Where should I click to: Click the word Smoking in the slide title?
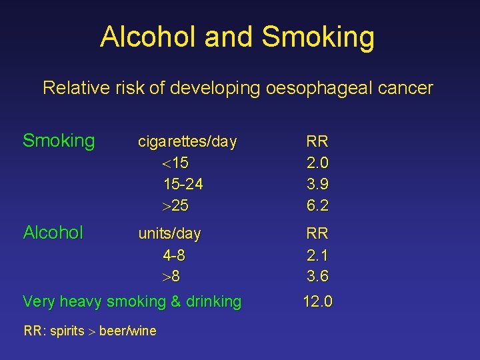click(x=318, y=38)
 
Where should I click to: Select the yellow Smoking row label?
click(x=59, y=141)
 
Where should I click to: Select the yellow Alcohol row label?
click(x=53, y=233)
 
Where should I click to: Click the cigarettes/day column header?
click(x=187, y=142)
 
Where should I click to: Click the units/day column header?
click(x=169, y=234)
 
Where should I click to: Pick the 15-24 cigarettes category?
click(x=183, y=184)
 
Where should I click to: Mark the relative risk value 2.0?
click(x=317, y=163)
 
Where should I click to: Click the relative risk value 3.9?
click(x=317, y=184)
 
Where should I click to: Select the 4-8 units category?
click(x=173, y=255)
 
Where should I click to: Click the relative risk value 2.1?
click(x=317, y=255)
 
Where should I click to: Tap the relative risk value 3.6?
click(x=317, y=276)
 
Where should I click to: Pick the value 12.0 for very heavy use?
click(x=317, y=302)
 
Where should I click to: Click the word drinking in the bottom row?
click(x=213, y=302)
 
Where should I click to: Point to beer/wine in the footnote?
click(x=128, y=330)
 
